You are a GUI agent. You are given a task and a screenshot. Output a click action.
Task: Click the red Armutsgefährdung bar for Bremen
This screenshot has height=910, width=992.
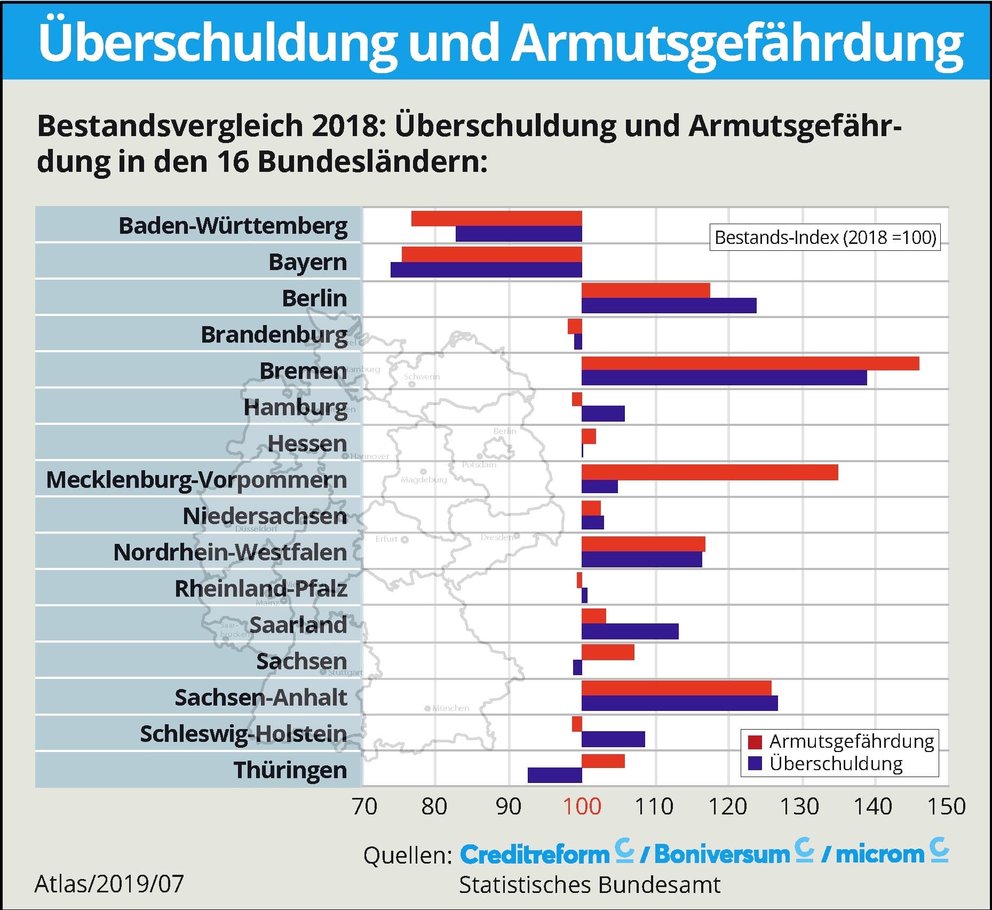[x=750, y=363]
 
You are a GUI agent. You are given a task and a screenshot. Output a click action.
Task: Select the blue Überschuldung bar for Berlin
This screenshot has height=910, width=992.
[x=669, y=306]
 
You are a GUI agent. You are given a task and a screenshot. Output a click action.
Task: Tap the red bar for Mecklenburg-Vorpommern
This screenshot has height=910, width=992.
[x=709, y=472]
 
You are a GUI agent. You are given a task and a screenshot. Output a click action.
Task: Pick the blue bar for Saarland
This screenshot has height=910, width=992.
[x=630, y=631]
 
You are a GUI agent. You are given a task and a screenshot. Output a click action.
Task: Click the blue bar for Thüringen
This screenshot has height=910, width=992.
[x=554, y=775]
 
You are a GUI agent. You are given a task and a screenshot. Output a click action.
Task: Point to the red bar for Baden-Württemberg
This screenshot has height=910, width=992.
[x=496, y=219]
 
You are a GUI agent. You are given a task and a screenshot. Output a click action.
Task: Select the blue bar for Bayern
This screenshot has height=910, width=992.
[x=486, y=270]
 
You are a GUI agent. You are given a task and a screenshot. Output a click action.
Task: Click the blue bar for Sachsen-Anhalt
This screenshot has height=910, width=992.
[x=679, y=703]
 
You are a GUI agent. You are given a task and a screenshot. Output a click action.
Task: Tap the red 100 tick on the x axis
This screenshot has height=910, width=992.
[x=582, y=806]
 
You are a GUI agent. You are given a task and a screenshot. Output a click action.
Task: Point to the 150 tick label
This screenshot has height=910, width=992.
[x=946, y=806]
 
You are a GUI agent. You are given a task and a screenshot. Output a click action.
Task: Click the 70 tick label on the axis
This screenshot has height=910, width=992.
[x=365, y=806]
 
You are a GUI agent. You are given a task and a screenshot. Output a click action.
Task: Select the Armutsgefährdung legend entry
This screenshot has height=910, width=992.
[x=840, y=741]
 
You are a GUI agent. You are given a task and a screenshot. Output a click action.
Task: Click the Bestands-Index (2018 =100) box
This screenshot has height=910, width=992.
[x=825, y=238]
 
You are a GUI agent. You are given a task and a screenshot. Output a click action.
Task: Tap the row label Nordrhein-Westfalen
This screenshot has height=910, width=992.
[x=230, y=552]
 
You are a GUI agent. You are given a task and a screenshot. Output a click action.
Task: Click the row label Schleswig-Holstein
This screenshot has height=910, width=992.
[x=243, y=733]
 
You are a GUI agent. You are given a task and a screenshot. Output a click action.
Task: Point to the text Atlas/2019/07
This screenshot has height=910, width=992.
[x=109, y=884]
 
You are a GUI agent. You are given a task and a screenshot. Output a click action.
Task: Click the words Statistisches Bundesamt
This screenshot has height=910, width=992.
[x=589, y=884]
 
